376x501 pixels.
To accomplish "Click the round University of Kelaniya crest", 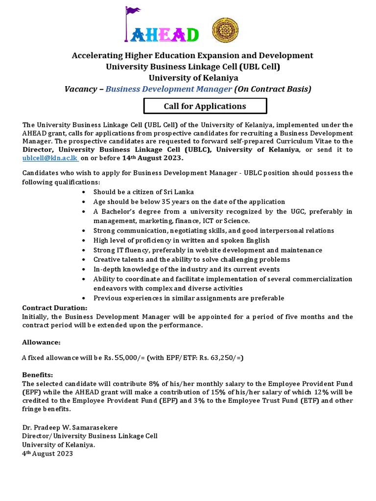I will click(225, 30).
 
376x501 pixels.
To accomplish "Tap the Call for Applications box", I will click(205, 106).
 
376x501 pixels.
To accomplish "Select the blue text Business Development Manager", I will click(168, 89).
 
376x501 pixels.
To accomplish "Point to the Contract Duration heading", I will click(55, 308).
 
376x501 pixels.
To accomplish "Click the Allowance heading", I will click(42, 342).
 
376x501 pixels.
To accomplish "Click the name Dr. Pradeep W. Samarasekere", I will click(70, 428).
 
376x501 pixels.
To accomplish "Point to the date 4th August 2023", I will click(47, 454).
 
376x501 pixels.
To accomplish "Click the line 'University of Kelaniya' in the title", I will click(193, 77).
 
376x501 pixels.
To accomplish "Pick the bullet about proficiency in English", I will click(181, 240).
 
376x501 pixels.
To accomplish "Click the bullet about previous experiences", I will click(188, 298).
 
